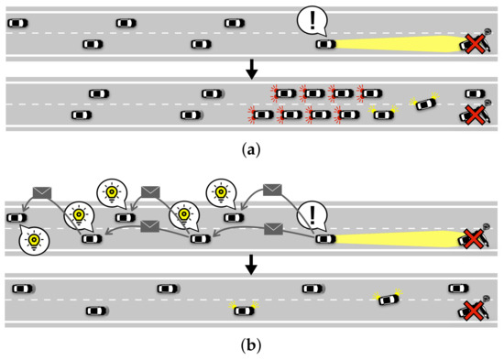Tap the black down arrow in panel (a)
[252, 67]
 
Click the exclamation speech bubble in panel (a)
[314, 20]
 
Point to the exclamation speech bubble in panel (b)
[314, 217]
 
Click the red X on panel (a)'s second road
[474, 115]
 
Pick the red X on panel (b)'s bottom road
[474, 311]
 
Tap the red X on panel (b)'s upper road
[474, 239]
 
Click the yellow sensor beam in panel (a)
[394, 43]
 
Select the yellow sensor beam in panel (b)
[394, 239]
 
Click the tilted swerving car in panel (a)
[425, 104]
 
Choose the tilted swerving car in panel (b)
[389, 300]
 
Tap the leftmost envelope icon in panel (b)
[42, 191]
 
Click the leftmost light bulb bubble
[33, 239]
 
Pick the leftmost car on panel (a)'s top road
[17, 22]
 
